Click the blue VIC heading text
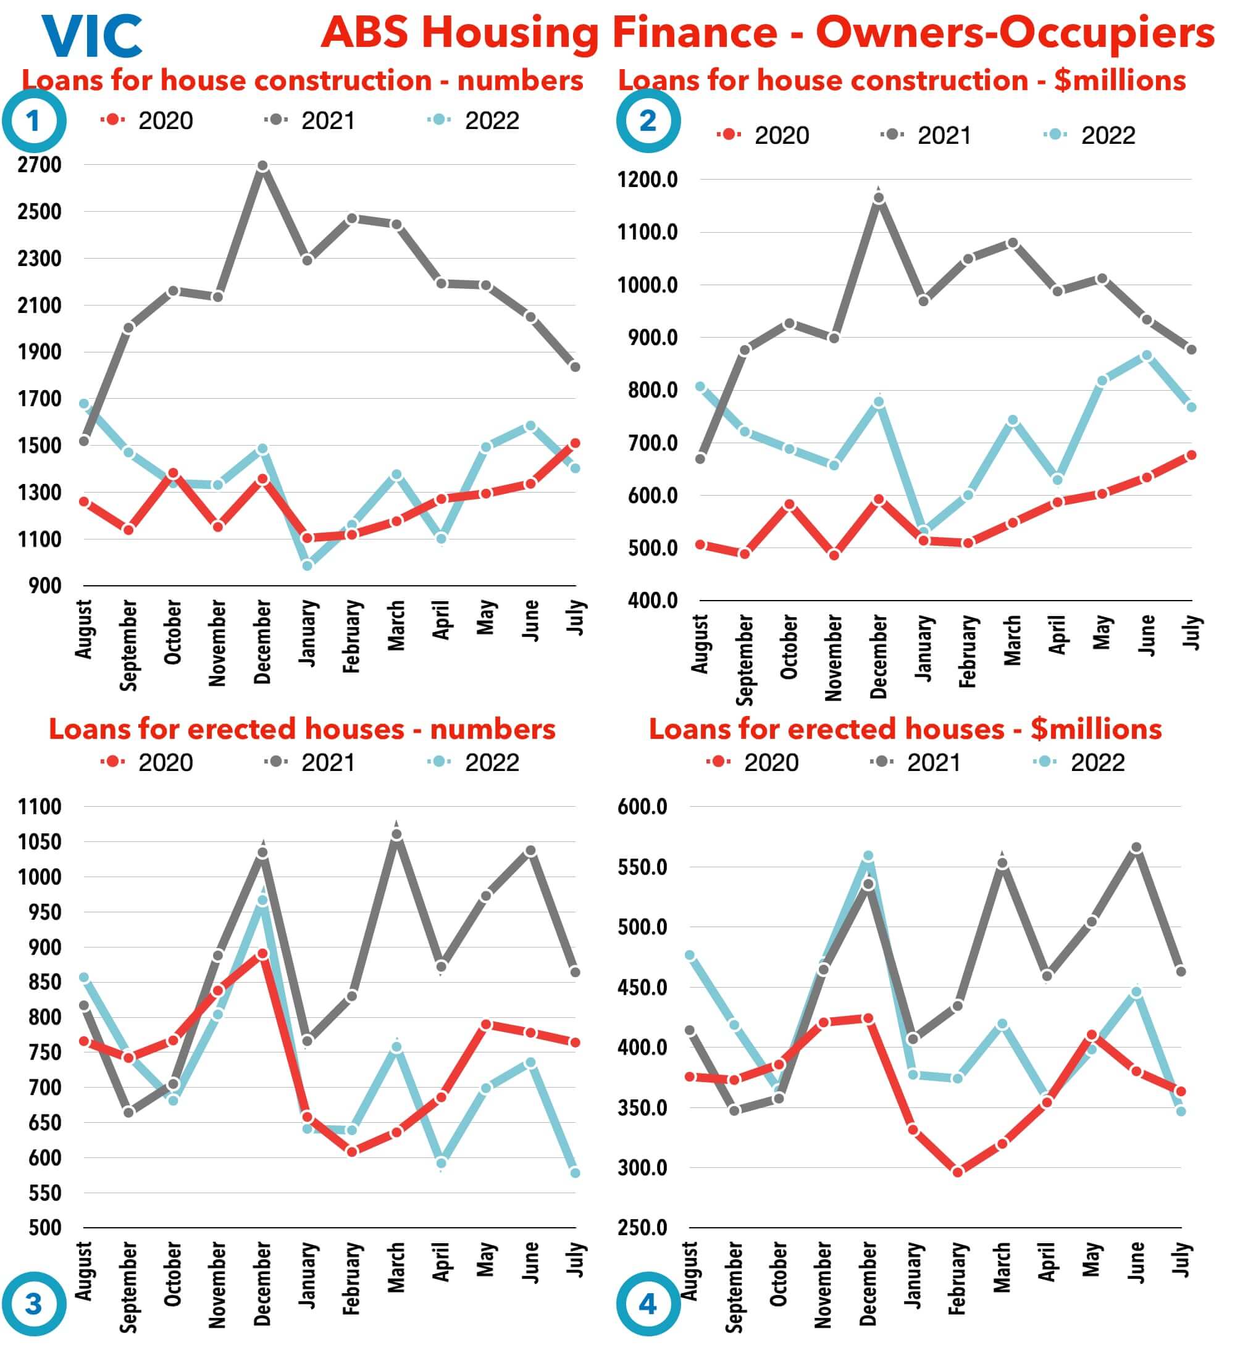(x=92, y=36)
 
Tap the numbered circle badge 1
(x=33, y=121)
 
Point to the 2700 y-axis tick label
(x=40, y=165)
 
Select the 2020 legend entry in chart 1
(x=148, y=121)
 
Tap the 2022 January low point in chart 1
(x=308, y=565)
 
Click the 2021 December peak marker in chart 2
(x=879, y=198)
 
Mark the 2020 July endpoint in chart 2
(x=1191, y=456)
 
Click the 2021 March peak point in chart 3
(x=396, y=835)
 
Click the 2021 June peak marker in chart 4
(x=1137, y=848)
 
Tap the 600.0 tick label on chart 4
(x=642, y=807)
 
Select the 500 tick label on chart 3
(x=45, y=1228)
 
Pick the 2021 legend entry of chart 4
(x=917, y=762)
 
